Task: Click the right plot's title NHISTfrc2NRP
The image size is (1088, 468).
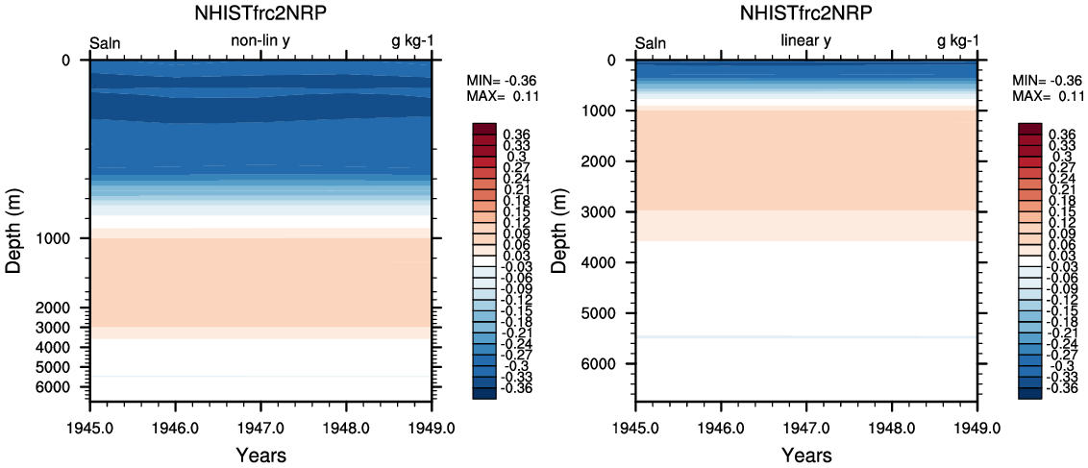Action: pyautogui.click(x=805, y=13)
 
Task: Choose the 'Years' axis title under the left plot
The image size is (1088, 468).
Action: pyautogui.click(x=260, y=455)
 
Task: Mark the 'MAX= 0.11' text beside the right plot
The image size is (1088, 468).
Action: pyautogui.click(x=1044, y=97)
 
